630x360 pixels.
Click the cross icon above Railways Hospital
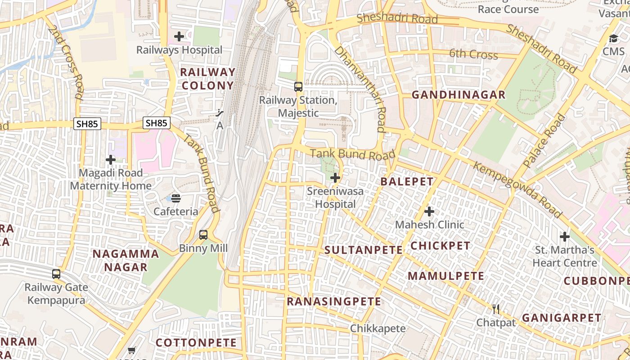point(179,36)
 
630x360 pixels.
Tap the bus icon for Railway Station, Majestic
point(298,86)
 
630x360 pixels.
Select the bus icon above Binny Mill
point(203,234)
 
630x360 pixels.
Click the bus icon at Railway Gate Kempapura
point(56,274)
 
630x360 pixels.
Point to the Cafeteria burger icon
point(176,198)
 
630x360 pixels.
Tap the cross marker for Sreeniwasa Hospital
point(335,178)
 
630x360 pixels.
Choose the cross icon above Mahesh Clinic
point(429,211)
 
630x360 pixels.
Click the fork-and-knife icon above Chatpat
point(496,309)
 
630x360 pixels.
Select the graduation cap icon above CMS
point(613,38)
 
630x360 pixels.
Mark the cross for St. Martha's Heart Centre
point(564,236)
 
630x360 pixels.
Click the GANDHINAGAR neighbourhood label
point(459,95)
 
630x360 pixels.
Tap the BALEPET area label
point(407,182)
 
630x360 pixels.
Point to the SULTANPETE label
point(364,250)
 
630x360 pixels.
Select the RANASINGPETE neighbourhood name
point(334,301)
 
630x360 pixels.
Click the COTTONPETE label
point(196,343)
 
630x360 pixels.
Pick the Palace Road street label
point(544,141)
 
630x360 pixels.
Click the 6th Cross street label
point(473,54)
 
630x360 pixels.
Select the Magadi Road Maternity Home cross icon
point(111,159)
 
